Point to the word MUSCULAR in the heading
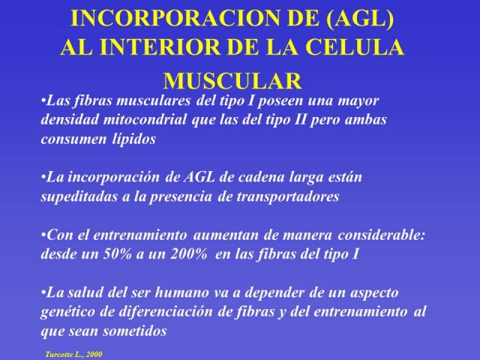coord(232,81)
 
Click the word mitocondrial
coord(145,119)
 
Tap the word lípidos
coord(133,139)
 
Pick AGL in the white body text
coord(199,177)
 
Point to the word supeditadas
coord(79,197)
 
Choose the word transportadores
coord(288,197)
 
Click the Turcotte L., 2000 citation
coord(73,355)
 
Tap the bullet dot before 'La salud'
coord(43,292)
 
